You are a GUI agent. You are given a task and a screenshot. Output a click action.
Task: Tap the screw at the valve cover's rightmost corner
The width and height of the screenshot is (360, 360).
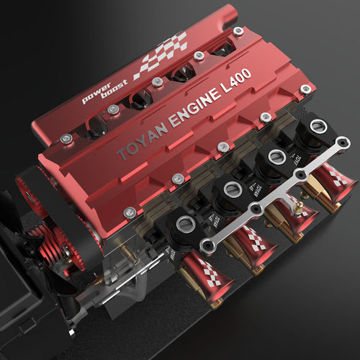click(x=306, y=89)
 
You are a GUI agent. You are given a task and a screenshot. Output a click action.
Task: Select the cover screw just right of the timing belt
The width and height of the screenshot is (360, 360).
click(x=130, y=212)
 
